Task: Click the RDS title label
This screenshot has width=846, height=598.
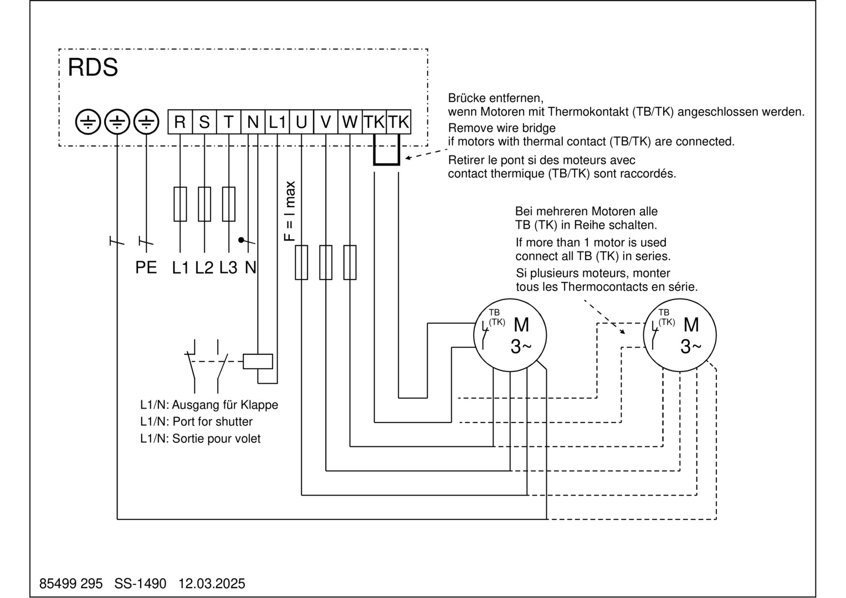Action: coord(93,68)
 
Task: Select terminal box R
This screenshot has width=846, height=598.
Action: coord(180,122)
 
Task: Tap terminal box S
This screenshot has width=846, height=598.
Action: coord(204,122)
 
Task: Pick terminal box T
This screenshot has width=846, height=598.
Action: coord(229,122)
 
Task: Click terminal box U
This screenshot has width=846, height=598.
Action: coord(301,122)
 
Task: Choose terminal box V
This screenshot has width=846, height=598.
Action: coord(326,122)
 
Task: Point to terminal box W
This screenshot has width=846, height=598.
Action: coord(350,122)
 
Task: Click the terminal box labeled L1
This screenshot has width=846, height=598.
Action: coord(277,122)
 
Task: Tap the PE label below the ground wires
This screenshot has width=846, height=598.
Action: coord(146,267)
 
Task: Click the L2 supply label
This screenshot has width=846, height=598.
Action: coord(204,267)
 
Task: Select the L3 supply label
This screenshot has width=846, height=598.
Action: coord(228,267)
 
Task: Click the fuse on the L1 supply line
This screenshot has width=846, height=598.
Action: coord(180,204)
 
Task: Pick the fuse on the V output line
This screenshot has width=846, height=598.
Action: coord(326,262)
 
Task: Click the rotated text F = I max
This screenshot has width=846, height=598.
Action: coord(290,211)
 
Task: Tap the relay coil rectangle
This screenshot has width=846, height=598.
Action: coord(258,361)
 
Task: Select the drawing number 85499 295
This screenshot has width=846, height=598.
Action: coord(71,584)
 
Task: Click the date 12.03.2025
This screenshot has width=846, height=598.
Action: coord(212,584)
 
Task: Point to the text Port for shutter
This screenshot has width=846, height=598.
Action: coord(212,421)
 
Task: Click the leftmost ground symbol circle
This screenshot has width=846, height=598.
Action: coord(88,122)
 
